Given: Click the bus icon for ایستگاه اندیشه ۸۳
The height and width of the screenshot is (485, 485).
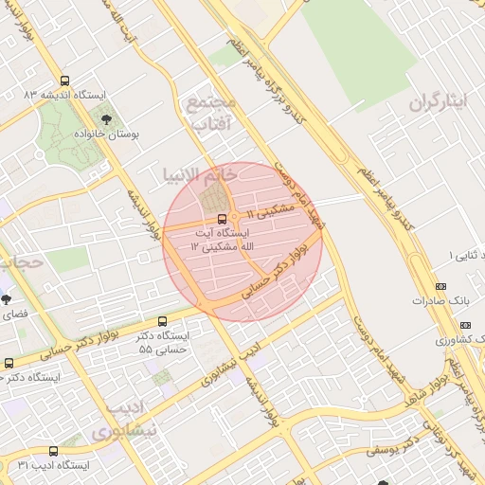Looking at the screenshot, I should pos(65,81).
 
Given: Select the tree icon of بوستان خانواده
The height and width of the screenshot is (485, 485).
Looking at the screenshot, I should pos(106,120).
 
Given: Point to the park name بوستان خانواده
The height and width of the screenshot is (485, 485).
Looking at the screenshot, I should pos(107,135).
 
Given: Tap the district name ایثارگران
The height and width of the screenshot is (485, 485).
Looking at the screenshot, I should pos(440,102).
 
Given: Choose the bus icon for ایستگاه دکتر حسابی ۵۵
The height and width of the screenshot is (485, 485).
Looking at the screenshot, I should pos(163,321).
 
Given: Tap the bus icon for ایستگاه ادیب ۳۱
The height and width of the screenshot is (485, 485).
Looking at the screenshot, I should pos(53,452).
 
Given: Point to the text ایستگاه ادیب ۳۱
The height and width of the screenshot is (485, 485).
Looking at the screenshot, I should pos(54,466).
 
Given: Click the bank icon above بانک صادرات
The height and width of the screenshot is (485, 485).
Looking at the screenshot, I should pos(440,286).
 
